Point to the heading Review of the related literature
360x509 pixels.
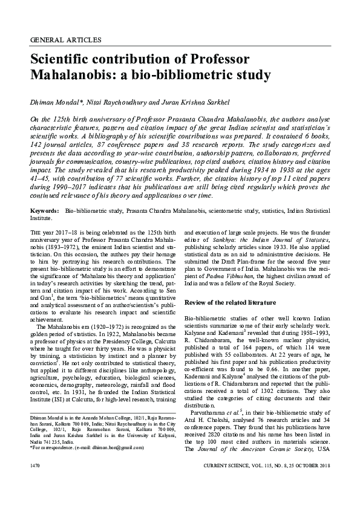click(x=230, y=302)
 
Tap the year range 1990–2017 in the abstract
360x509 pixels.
click(x=69, y=188)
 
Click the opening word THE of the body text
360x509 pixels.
click(x=36, y=233)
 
